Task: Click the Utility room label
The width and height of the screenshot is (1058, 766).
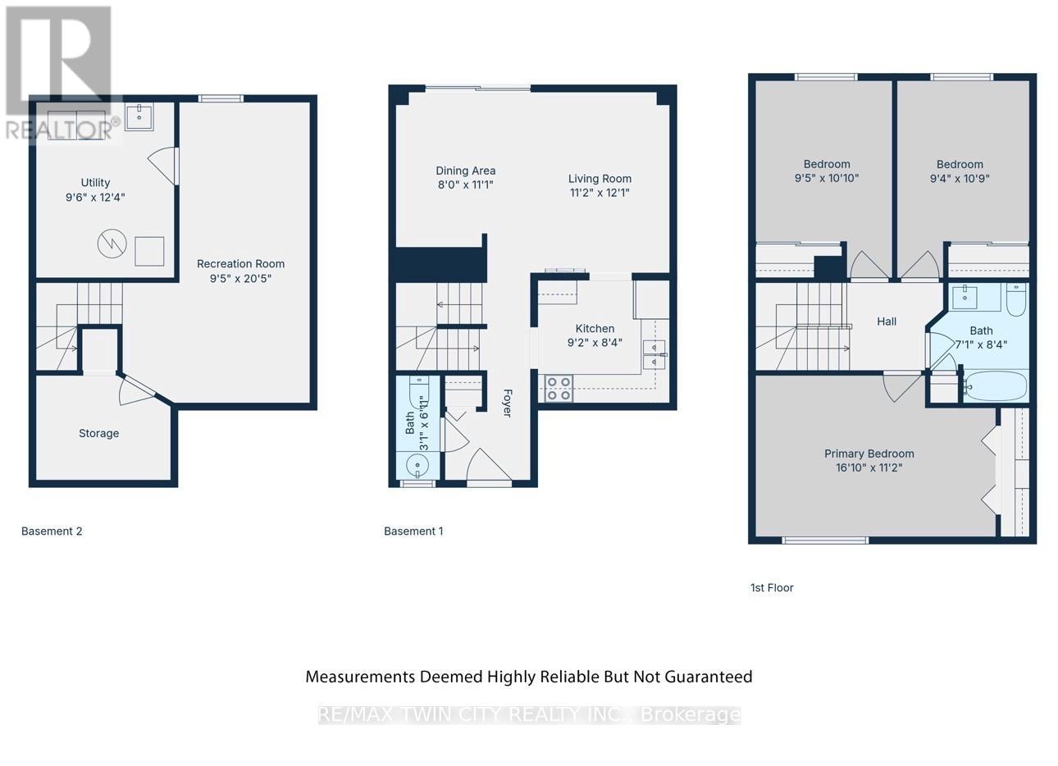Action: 95,183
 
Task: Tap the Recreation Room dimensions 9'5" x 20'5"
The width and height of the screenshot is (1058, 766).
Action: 240,278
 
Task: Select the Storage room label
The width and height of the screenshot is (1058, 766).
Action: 98,433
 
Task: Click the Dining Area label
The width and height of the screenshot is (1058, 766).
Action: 465,171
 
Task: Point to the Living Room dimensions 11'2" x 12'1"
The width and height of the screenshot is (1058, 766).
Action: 600,193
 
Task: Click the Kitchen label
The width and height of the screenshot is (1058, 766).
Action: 595,328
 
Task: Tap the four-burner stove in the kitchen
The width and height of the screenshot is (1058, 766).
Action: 559,388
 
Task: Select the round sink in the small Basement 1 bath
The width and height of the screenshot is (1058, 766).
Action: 418,466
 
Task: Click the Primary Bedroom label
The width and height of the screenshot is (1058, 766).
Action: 869,454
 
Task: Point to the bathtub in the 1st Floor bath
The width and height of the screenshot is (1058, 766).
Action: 994,385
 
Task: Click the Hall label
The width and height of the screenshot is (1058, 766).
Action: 887,321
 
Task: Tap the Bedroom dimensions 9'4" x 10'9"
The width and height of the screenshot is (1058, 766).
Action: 960,178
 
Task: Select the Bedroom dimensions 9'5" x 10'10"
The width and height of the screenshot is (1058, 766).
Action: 827,178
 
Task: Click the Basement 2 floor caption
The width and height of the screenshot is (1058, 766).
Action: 52,531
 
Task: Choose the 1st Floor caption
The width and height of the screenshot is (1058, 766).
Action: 772,587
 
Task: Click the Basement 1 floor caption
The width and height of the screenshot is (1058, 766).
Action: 413,531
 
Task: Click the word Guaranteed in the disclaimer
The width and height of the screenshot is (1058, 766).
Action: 708,677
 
